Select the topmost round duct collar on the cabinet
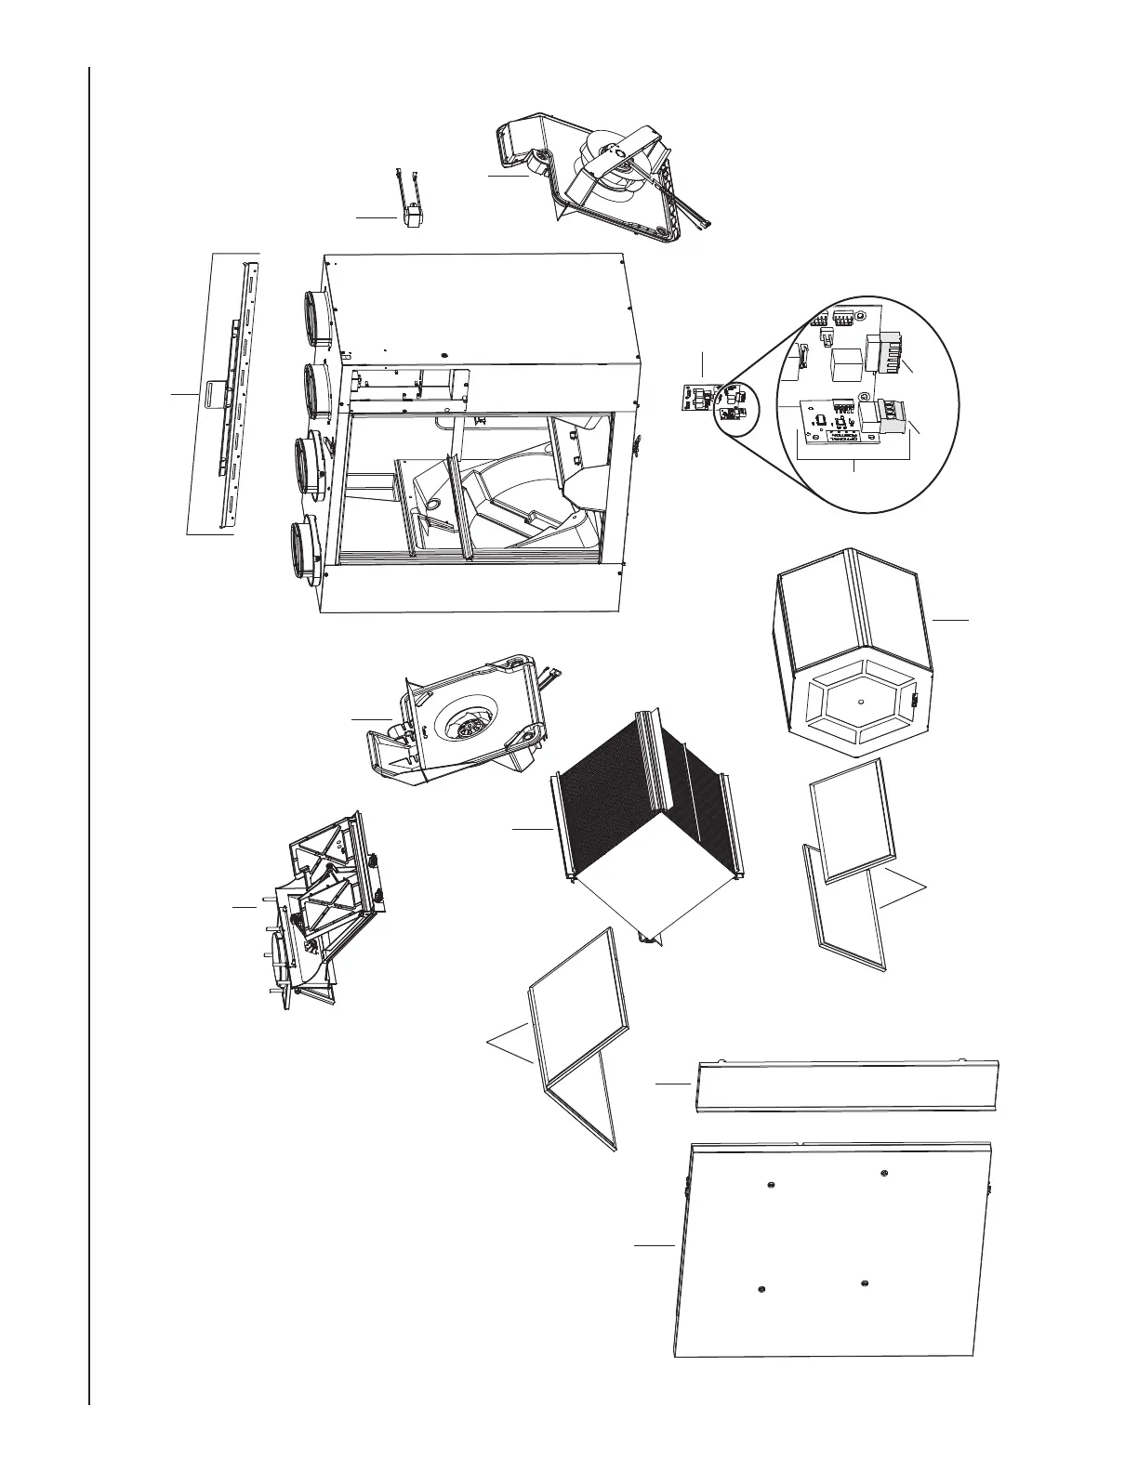coord(314,318)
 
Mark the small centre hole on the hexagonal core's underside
coord(861,699)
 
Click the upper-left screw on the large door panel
coord(772,1184)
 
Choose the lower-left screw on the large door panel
coord(761,1288)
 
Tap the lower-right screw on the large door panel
coord(865,1283)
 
